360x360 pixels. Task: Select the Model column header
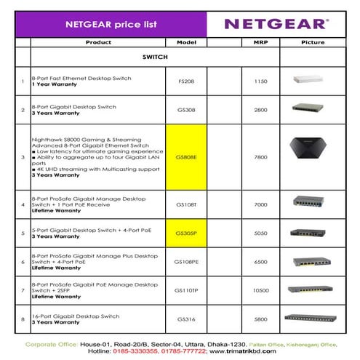[187, 42]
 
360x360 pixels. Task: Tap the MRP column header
[260, 42]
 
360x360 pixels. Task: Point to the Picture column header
[313, 42]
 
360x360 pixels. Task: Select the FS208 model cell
[187, 81]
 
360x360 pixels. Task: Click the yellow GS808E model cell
[187, 156]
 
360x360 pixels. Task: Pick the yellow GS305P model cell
[187, 233]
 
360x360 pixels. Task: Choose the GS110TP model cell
[187, 289]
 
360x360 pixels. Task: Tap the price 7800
[260, 156]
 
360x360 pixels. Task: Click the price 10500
[260, 289]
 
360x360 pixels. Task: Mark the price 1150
[260, 81]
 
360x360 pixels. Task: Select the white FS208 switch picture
[312, 80]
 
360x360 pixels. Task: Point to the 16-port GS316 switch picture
[312, 317]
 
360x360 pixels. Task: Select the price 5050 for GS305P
[260, 233]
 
